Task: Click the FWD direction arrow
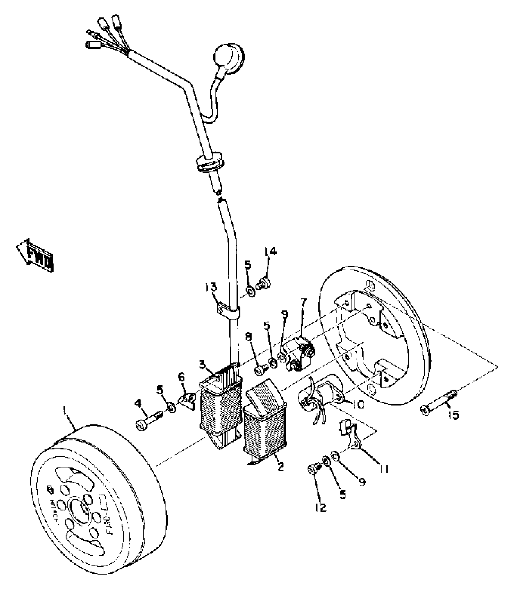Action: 35,255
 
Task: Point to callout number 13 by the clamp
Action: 211,287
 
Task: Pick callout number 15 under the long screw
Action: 454,415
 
